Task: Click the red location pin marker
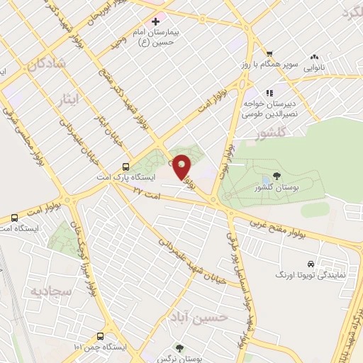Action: point(182,167)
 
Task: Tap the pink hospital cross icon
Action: point(156,22)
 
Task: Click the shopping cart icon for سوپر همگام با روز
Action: point(269,54)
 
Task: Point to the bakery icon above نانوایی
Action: point(313,57)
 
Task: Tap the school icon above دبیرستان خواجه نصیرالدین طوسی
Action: point(269,93)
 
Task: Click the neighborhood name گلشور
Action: point(272,133)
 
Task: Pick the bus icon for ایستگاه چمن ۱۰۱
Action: point(102,336)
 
